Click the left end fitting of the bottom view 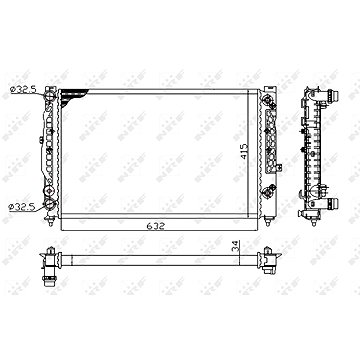pos(45,265)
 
